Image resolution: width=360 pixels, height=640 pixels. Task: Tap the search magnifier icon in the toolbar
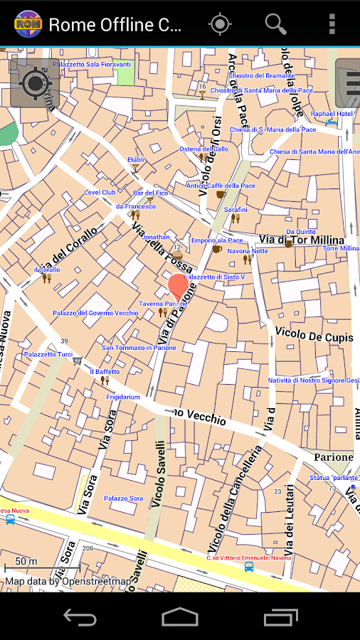tap(275, 24)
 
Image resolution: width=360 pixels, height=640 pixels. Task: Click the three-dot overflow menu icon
tap(332, 24)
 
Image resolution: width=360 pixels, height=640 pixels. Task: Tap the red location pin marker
tap(179, 287)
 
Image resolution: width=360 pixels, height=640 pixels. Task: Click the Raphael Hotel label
tap(332, 114)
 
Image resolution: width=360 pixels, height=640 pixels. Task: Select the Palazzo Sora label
tap(124, 498)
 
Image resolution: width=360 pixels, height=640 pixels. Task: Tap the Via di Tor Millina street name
tap(301, 240)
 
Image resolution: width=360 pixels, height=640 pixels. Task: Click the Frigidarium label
tap(121, 397)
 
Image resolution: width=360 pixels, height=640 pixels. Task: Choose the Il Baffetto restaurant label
tap(105, 372)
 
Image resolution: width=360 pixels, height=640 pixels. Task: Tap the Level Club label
tap(100, 192)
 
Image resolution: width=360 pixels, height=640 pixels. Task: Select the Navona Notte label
tap(248, 251)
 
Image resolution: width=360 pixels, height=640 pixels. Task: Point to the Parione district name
tap(334, 457)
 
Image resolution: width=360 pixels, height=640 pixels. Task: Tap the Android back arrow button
tap(80, 617)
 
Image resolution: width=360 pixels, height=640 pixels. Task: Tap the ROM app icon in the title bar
tap(28, 24)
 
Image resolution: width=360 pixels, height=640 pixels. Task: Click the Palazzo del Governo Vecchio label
tap(95, 313)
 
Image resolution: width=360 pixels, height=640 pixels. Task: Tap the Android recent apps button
tap(280, 617)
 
